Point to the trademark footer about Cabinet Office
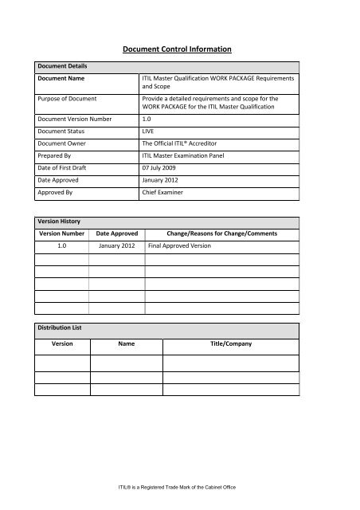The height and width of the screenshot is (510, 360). (x=179, y=486)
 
